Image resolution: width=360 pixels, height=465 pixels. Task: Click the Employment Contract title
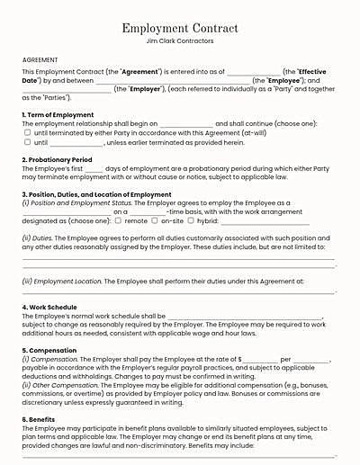tap(179, 29)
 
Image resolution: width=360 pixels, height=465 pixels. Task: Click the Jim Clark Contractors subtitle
tap(179, 41)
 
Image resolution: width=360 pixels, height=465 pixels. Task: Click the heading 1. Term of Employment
tap(57, 115)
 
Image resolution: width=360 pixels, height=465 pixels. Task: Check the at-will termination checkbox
tap(27, 132)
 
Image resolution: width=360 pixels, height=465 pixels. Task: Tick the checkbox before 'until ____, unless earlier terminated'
tap(27, 141)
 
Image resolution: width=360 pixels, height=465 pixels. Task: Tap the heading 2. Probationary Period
tap(54, 159)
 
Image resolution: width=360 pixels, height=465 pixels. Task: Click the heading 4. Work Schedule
tap(49, 308)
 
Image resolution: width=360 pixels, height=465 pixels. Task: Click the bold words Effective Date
tap(315, 70)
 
